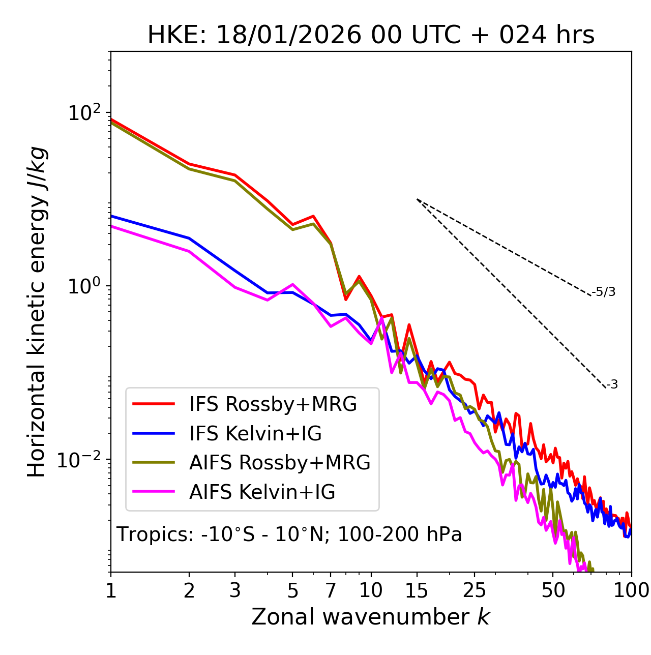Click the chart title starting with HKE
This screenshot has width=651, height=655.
(371, 36)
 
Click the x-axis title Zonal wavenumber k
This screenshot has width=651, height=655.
(370, 616)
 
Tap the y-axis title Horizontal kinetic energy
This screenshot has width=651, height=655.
(37, 312)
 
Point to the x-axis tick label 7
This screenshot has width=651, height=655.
(331, 590)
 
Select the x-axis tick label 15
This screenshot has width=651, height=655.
(417, 590)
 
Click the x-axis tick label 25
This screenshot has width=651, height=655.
(475, 590)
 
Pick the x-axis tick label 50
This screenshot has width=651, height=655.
(553, 590)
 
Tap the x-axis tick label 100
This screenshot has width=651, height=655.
(631, 590)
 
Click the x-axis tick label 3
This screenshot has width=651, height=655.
(235, 590)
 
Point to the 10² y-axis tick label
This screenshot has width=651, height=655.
(85, 112)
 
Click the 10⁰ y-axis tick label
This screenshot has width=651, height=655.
(85, 286)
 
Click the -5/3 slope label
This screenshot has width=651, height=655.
(604, 292)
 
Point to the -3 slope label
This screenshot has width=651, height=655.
(612, 384)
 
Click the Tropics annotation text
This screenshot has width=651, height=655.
(289, 534)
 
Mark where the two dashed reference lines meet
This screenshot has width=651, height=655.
(417, 199)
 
